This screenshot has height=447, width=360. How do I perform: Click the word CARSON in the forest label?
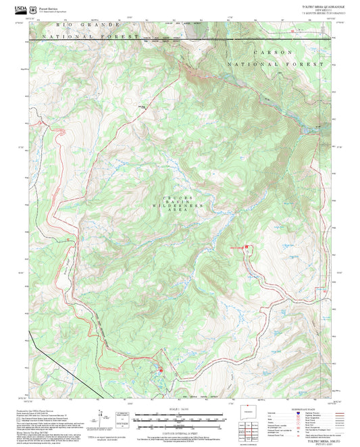click(274, 52)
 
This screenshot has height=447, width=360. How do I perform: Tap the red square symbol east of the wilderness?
click(247, 247)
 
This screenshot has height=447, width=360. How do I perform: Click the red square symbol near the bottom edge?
click(160, 370)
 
